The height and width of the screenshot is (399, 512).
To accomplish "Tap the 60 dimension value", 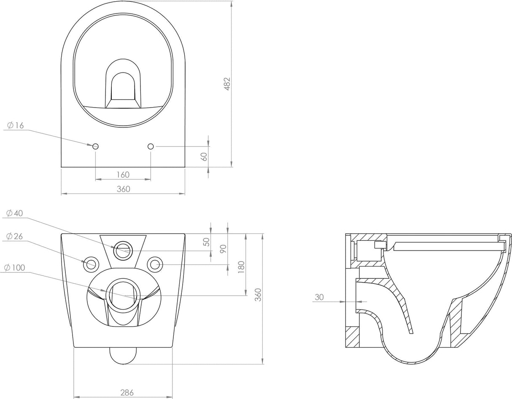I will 204,156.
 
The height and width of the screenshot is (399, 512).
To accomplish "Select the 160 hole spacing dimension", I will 123,175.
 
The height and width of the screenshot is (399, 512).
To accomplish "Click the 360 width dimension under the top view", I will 123,189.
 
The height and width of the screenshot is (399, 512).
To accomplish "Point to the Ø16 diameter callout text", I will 16,125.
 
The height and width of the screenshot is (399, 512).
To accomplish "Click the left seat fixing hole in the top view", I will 95,146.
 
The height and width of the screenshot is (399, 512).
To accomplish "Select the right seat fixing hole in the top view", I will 151,146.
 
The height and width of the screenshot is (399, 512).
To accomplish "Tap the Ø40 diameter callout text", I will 15,213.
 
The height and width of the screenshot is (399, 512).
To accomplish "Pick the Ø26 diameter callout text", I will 15,236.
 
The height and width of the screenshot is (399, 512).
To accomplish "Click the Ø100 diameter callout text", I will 15,267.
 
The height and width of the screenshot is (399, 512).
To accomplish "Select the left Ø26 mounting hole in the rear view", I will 91,264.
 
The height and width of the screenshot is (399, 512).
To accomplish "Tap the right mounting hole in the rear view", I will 155,264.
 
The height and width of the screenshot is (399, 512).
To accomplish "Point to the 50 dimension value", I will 206,242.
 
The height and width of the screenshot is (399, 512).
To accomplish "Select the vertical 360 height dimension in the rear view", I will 259,294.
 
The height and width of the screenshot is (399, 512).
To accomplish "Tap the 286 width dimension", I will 123,393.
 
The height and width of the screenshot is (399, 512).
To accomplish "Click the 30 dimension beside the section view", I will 319,297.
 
